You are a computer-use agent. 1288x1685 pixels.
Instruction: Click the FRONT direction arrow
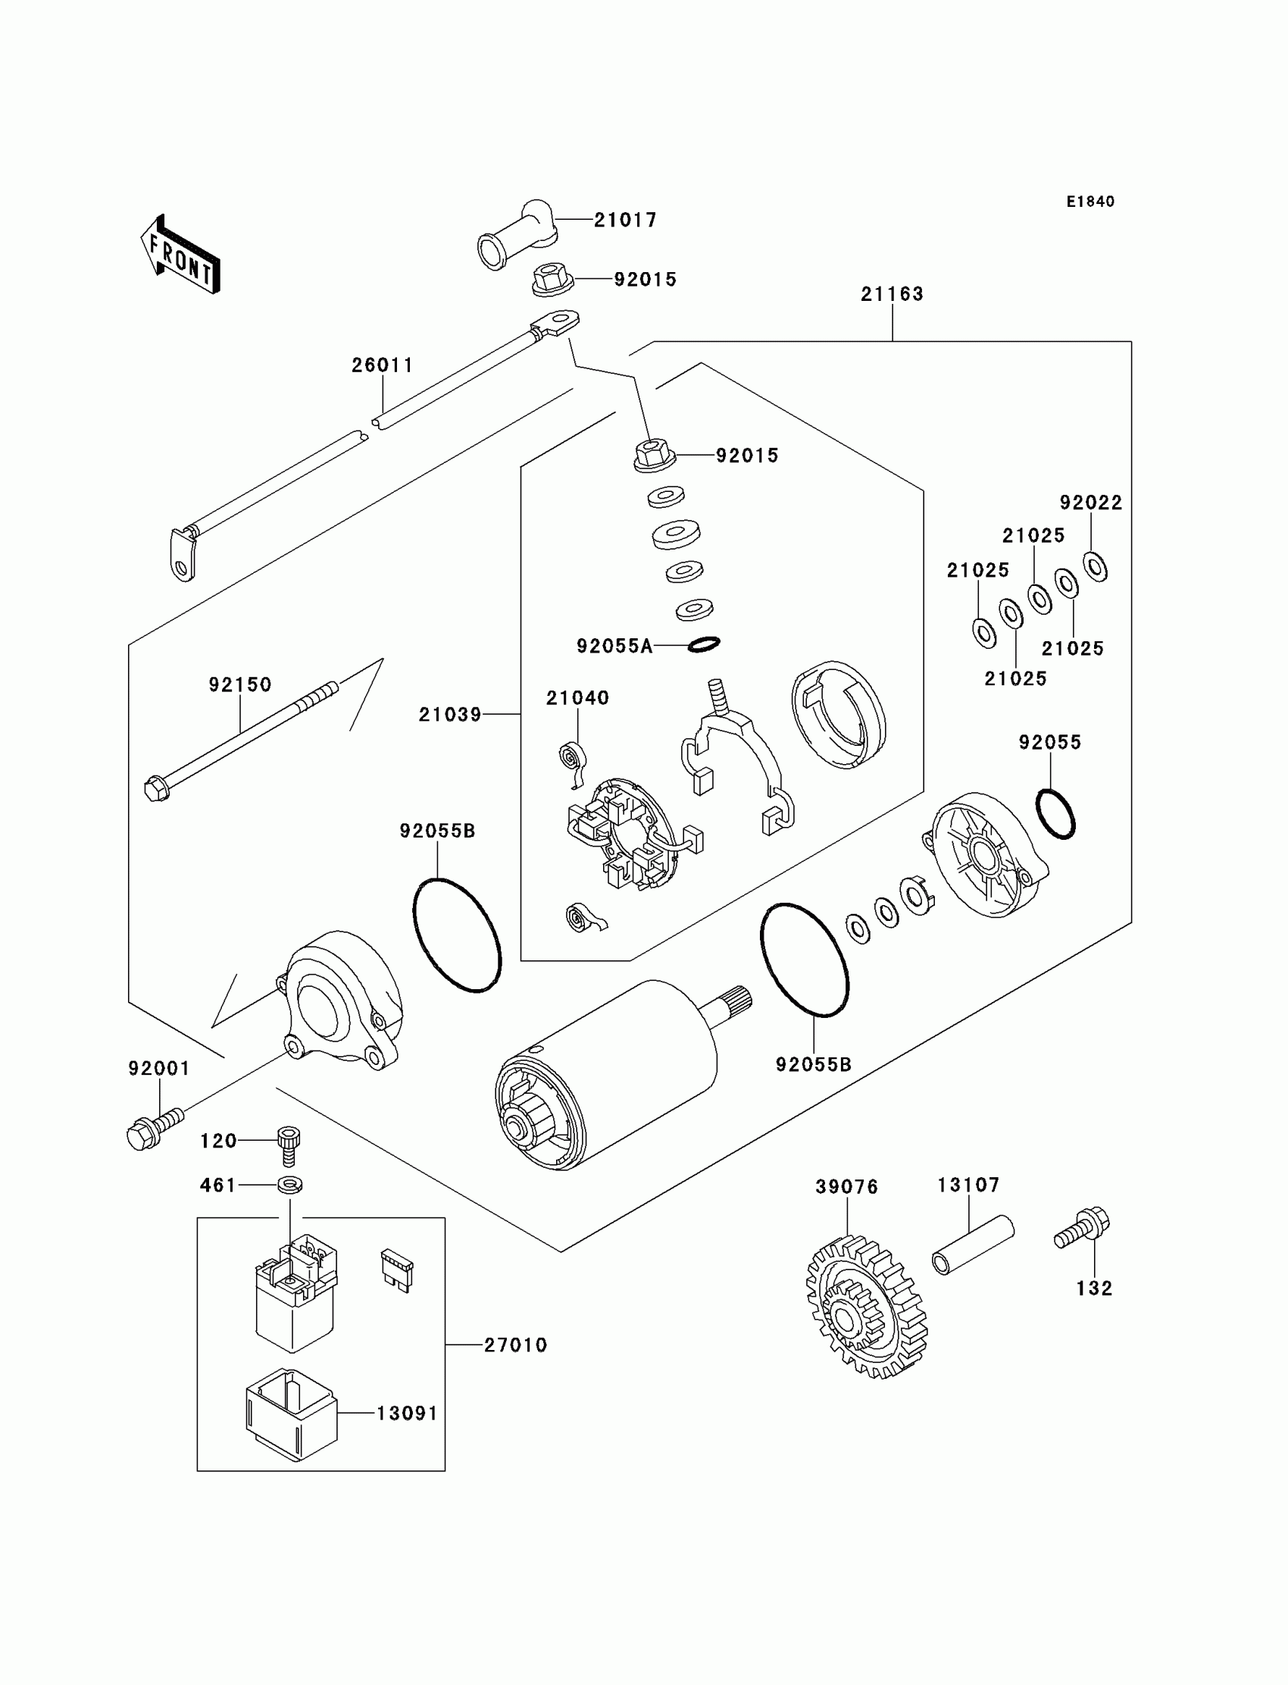coord(181,255)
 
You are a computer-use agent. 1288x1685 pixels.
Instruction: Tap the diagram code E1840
coord(1090,202)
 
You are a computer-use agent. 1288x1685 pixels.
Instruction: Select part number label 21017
coord(626,220)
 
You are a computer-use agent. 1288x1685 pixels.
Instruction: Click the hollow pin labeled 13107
coord(973,1245)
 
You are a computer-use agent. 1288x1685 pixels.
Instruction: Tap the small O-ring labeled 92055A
coord(703,645)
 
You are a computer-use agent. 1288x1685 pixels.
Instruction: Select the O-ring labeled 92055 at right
coord(1055,814)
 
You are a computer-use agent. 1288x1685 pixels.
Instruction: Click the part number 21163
coord(893,294)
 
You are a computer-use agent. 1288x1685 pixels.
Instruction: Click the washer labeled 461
coord(289,1185)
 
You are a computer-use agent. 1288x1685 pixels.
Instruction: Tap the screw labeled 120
coord(288,1145)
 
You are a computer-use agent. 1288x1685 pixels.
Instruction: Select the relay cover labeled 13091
coord(292,1414)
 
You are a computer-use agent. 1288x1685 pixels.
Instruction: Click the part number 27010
coord(515,1345)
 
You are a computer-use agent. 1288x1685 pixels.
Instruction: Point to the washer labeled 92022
coord(1095,567)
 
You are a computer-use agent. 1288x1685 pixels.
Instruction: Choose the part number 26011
coord(383,366)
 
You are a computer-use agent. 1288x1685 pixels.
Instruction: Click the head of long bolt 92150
coord(156,788)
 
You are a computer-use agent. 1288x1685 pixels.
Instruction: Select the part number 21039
coord(450,715)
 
